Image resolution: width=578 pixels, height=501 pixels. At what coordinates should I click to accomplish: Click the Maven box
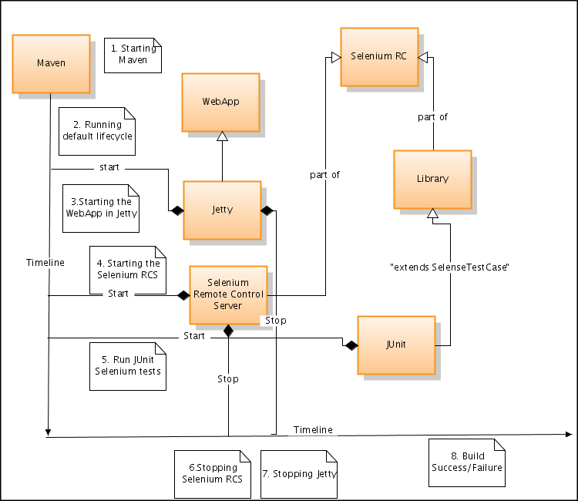coord(51,62)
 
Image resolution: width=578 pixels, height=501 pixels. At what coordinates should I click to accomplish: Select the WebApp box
coord(220,102)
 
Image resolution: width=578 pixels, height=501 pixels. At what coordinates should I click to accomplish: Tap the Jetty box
coord(222,210)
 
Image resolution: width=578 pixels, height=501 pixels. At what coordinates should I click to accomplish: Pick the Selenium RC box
coord(379,56)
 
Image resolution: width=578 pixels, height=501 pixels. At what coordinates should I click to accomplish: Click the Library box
coord(432,179)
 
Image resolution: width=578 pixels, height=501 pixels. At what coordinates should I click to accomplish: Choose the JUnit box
coord(396,345)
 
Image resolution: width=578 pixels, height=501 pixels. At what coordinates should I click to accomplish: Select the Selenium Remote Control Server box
coord(228,294)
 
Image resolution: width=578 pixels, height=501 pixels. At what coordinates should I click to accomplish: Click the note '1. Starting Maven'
coord(133,55)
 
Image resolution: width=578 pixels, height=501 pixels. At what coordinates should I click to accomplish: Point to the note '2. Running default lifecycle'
coord(97,130)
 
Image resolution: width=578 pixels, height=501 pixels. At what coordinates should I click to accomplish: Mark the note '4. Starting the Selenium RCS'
coord(128,269)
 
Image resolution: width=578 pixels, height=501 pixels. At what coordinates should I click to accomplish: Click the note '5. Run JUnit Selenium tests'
coord(128,365)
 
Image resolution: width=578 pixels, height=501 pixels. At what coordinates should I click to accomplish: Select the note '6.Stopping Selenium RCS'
coord(212,472)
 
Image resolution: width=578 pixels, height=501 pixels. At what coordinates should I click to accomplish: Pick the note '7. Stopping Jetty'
coord(299,472)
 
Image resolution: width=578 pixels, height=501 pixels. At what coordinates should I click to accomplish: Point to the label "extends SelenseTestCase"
coord(451,267)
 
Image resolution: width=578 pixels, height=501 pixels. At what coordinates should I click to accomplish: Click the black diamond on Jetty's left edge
coord(177,210)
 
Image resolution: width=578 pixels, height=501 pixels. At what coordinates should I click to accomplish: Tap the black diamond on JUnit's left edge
coord(351,345)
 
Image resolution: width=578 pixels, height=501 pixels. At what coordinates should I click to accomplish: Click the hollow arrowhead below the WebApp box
coord(222,136)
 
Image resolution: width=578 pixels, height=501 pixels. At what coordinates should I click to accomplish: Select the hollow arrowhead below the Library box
coord(432,214)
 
